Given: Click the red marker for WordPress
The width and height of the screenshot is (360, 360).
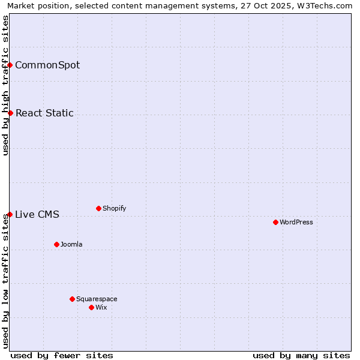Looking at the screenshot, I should tap(275, 222).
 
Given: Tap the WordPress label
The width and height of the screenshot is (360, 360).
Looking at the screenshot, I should tap(296, 222).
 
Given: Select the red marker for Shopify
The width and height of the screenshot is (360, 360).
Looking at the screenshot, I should tap(98, 209).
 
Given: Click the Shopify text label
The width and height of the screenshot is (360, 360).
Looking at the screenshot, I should tap(114, 209).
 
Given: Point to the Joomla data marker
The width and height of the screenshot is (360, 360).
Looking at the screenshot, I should tap(56, 244).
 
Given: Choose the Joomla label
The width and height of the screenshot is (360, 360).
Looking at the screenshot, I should tap(71, 244).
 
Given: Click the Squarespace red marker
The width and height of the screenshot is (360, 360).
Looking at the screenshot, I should tap(72, 299).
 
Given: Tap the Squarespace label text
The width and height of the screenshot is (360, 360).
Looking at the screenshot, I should tap(97, 299).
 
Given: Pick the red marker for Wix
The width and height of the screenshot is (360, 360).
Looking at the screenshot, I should tap(91, 307).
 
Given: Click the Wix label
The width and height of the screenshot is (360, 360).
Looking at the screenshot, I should tap(101, 307).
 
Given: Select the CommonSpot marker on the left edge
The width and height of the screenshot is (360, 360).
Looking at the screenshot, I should tap(10, 65).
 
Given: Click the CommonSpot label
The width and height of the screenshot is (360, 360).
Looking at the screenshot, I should tap(47, 65).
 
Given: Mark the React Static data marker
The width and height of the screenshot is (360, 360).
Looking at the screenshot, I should tap(10, 113).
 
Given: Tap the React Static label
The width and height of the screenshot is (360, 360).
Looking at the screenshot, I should tap(44, 113).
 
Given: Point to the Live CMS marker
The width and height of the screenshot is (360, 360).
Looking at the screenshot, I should tap(10, 214).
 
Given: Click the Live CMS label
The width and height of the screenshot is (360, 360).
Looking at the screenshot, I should tap(37, 214).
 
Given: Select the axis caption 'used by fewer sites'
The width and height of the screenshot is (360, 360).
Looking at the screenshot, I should tap(62, 355).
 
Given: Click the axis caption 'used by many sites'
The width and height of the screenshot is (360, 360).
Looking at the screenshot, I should tap(301, 355).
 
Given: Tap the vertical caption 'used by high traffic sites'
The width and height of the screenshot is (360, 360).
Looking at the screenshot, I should tap(5, 85).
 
